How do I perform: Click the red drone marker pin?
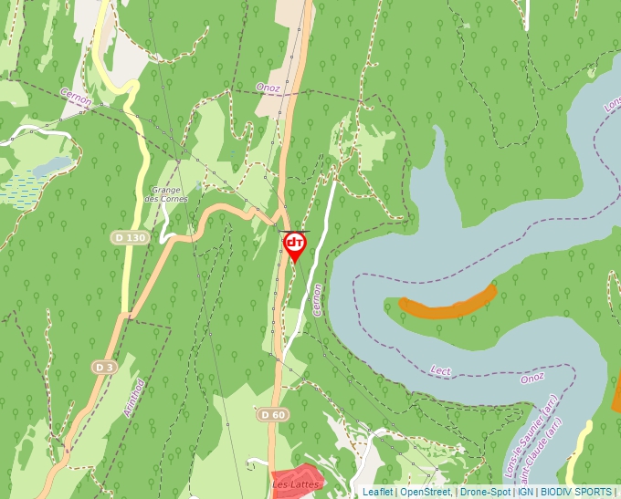tap(294, 245)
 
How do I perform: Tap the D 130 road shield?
tap(130, 237)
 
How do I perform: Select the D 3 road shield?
tap(105, 367)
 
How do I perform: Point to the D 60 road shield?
tap(272, 415)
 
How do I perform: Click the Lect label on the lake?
tap(440, 369)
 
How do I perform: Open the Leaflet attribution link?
tap(377, 492)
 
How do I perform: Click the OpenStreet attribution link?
tap(425, 492)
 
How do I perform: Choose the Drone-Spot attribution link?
tap(485, 492)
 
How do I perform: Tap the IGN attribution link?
tap(526, 492)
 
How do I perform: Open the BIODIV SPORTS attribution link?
tap(577, 492)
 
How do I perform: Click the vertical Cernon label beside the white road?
tap(317, 299)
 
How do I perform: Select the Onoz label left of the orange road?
tap(268, 88)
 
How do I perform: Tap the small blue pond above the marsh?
tap(52, 166)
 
